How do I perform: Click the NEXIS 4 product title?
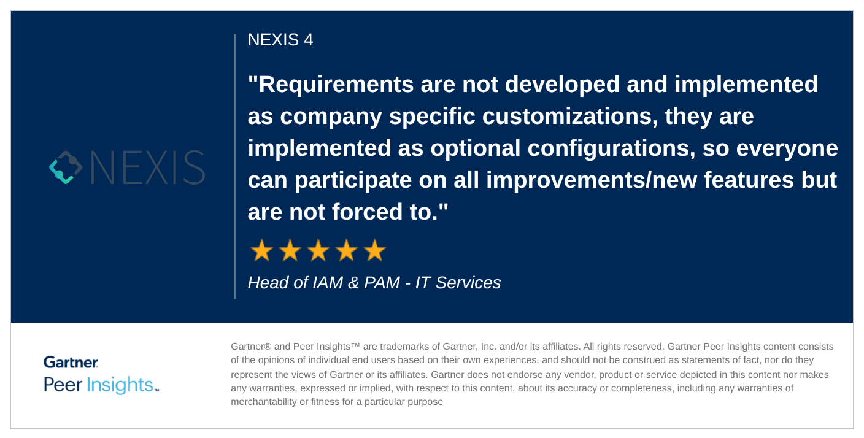[x=280, y=40]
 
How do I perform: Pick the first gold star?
[x=262, y=250]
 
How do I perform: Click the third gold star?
[x=318, y=250]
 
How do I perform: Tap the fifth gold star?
[x=375, y=250]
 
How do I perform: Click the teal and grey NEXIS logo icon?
[x=66, y=167]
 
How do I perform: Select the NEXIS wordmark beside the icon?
[x=147, y=167]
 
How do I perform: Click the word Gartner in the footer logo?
[x=71, y=363]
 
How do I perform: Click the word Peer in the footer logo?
[x=62, y=385]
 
